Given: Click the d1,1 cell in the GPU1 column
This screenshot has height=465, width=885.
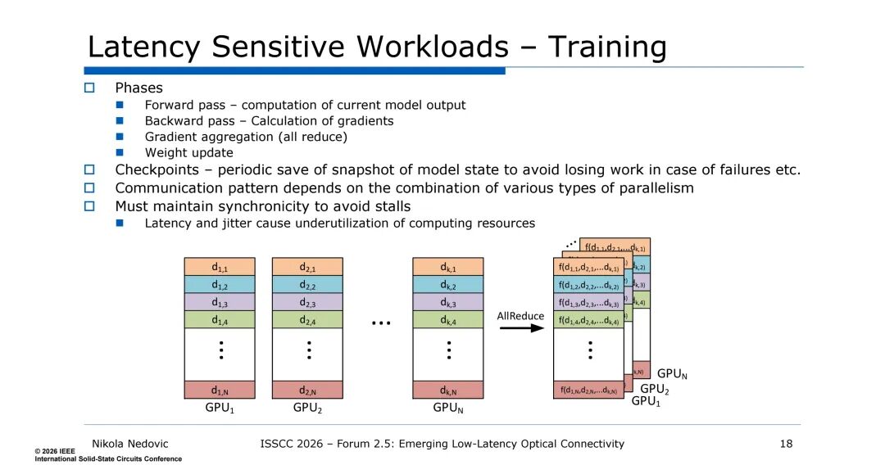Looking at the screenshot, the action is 220,267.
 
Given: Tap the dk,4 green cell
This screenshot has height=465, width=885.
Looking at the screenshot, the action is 448,320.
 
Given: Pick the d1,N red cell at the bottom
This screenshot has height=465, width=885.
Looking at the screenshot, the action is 220,390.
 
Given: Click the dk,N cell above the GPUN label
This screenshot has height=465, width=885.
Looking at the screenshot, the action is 448,390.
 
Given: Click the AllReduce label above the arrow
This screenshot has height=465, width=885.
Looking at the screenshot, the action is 521,315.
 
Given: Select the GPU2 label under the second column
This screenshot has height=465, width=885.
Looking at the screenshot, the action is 307,408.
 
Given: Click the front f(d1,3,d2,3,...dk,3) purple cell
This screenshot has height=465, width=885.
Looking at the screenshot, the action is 588,302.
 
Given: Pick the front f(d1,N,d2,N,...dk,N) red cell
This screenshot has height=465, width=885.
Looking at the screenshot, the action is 588,391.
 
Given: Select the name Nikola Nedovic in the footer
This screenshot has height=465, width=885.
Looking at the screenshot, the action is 130,444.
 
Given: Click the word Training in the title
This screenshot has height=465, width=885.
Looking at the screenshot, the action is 607,47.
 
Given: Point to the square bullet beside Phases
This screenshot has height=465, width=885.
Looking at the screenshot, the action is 91,88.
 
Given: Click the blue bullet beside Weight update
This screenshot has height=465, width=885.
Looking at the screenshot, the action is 120,152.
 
